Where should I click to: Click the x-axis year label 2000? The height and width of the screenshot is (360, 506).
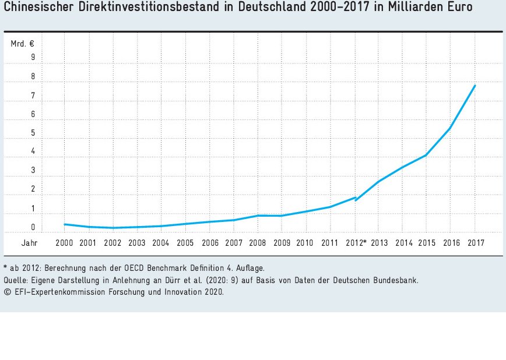tap(64, 242)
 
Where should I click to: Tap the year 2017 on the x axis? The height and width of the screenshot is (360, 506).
tap(476, 242)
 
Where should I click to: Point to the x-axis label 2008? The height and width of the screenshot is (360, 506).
tap(258, 242)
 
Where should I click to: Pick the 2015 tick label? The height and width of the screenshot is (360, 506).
tap(427, 242)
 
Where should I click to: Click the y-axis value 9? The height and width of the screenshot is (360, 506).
tap(33, 57)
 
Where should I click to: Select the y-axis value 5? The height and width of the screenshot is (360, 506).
tap(33, 133)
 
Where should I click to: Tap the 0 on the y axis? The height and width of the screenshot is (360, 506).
tap(33, 227)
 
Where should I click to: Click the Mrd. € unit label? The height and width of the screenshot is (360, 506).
tap(23, 43)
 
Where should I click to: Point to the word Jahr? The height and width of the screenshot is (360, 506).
tap(29, 242)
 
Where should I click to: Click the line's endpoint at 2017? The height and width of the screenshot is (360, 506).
tap(475, 86)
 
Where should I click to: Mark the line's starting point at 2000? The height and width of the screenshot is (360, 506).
tap(64, 224)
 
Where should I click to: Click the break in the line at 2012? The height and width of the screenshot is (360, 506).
tap(355, 199)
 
